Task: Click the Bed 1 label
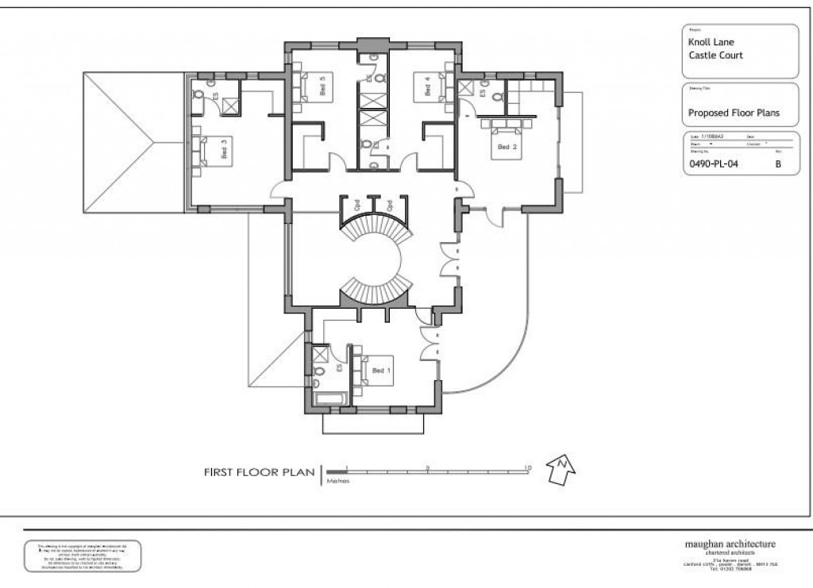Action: pyautogui.click(x=382, y=371)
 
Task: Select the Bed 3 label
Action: pyautogui.click(x=225, y=149)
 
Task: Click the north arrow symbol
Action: pyautogui.click(x=561, y=470)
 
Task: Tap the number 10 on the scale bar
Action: pyautogui.click(x=527, y=468)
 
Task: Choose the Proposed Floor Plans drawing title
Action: pyautogui.click(x=734, y=113)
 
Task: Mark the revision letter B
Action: pyautogui.click(x=777, y=166)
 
